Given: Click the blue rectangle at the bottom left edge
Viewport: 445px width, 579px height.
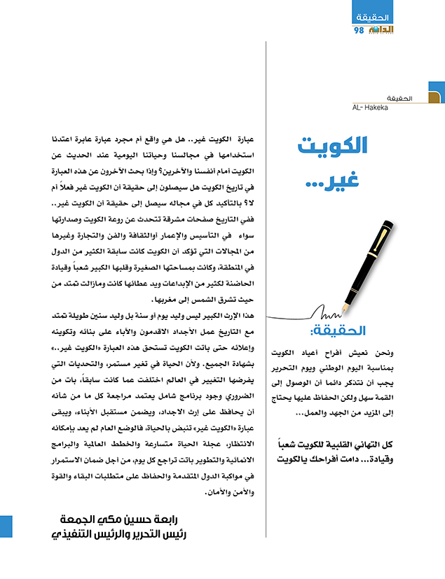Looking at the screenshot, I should click(6, 527).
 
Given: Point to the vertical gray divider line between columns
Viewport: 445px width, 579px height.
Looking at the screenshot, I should click(266, 280).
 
